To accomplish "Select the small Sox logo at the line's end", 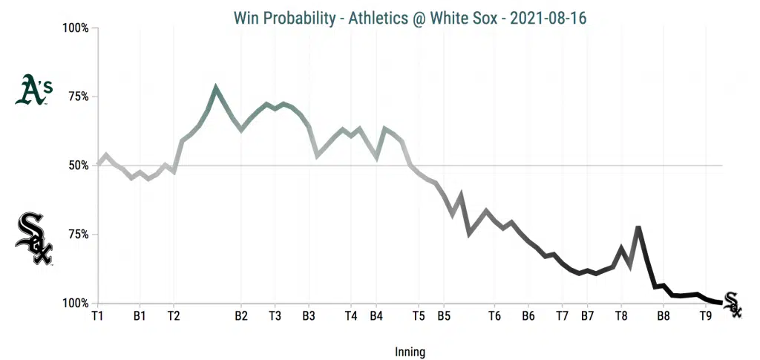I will (x=732, y=304).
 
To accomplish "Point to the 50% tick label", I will (x=78, y=166).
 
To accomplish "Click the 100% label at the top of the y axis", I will (x=75, y=28).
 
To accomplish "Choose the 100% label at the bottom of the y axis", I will (x=75, y=304).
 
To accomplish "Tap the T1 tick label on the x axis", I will (x=97, y=315).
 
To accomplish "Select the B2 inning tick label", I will (x=241, y=315).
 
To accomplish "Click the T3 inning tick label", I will (x=275, y=315).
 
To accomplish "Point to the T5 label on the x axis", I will (x=419, y=315).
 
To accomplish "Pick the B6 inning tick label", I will (x=528, y=315).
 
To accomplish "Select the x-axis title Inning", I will (x=410, y=352).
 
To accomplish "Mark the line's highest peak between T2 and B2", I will (x=216, y=88).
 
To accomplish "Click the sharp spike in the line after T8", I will (x=638, y=227).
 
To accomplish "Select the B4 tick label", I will (x=376, y=315).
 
